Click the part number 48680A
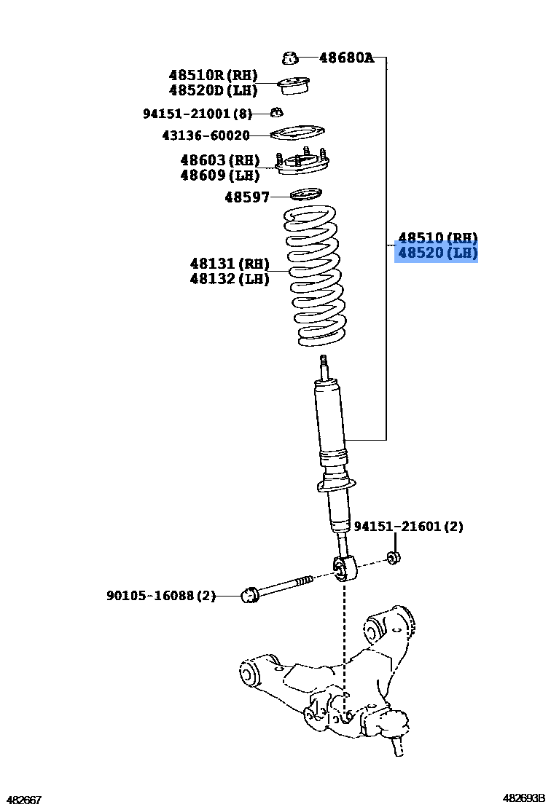[x=346, y=57]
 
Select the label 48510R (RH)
[x=213, y=75]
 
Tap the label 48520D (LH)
[x=213, y=90]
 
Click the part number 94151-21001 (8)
[x=197, y=114]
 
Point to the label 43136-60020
[x=206, y=135]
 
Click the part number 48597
[x=247, y=197]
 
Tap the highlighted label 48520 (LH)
[x=437, y=253]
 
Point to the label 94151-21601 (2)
[x=408, y=527]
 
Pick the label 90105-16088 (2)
[x=161, y=596]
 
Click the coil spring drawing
[x=313, y=277]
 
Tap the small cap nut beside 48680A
[x=290, y=57]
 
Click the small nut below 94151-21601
[x=394, y=558]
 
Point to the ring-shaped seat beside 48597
[x=306, y=194]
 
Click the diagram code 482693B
[x=523, y=799]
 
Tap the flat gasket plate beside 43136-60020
[x=297, y=134]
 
